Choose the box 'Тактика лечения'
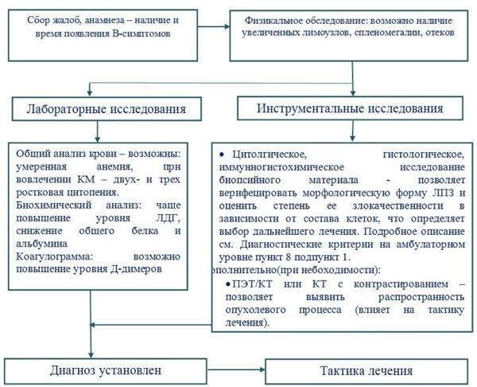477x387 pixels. pyautogui.click(x=366, y=371)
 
